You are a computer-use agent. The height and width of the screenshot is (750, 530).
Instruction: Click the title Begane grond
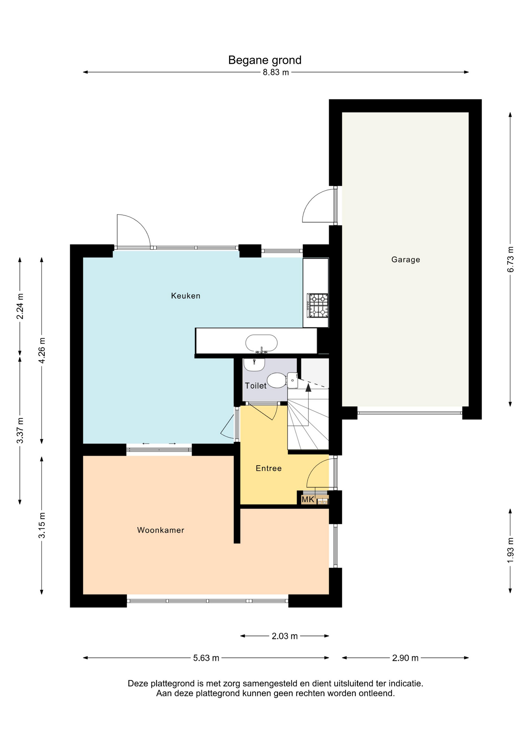[265, 60]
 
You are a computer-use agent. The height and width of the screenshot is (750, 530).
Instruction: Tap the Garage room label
[406, 260]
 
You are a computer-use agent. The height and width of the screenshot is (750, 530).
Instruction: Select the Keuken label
[185, 296]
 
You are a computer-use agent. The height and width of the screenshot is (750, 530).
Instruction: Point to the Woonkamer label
[160, 530]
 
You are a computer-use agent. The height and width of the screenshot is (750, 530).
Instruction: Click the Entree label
[269, 468]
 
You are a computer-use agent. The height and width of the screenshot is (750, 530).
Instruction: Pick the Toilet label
[256, 386]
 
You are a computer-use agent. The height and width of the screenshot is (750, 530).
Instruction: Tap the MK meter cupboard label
[308, 499]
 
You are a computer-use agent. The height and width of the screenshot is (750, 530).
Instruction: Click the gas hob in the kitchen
[317, 305]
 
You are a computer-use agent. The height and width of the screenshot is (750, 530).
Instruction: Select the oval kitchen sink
[261, 343]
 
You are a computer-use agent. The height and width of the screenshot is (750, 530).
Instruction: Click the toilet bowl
[277, 380]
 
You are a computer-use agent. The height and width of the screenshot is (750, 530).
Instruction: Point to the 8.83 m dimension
[276, 72]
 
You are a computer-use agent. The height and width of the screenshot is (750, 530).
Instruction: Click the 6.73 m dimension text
[510, 259]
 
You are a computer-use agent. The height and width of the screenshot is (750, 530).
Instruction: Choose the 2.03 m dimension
[285, 636]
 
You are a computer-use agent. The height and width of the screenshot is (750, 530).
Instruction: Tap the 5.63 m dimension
[206, 658]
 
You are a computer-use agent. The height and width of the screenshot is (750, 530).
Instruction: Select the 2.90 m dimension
[405, 658]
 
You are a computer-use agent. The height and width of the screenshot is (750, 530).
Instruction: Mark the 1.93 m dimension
[510, 550]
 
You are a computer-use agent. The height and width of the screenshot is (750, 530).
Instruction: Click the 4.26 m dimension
[42, 350]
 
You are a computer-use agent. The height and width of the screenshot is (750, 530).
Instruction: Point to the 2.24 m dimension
[20, 306]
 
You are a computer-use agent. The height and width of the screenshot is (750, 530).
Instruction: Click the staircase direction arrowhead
[308, 387]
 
